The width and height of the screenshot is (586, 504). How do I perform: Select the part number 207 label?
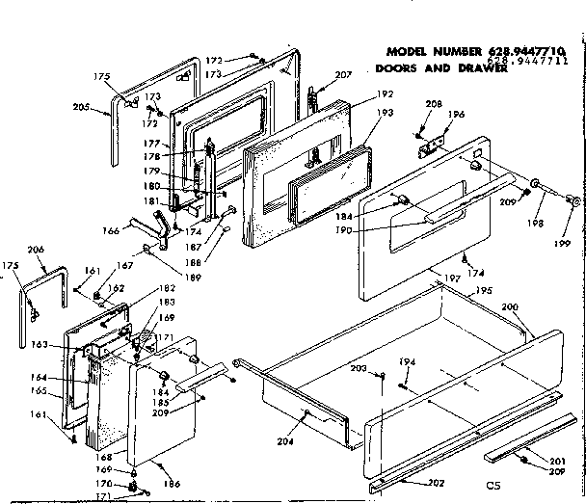[344, 75]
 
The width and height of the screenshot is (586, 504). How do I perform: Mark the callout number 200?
[510, 306]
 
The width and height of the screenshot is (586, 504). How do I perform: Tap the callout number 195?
[483, 290]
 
